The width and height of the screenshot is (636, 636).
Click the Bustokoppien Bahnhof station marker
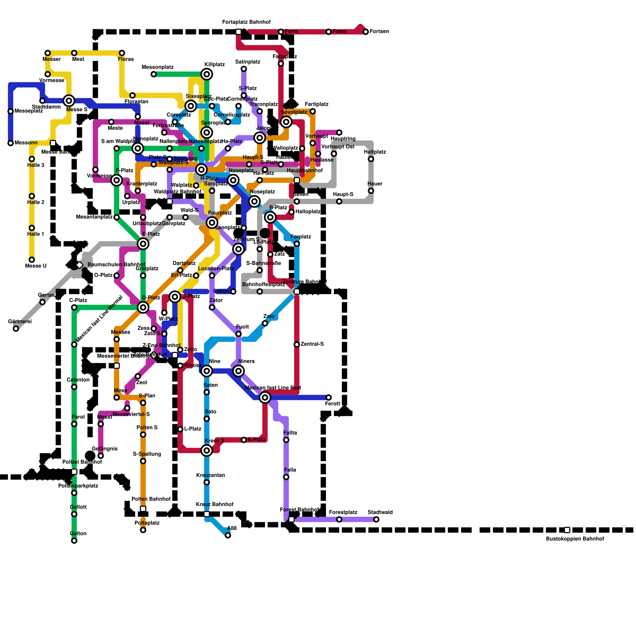point(567,530)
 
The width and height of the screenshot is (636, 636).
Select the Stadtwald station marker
point(376,520)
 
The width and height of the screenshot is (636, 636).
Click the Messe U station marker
point(32,260)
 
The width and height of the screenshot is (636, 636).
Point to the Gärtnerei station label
point(20,322)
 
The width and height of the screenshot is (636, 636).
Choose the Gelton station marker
point(74,541)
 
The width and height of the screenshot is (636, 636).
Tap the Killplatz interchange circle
point(207,74)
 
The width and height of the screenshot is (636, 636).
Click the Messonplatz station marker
point(153,74)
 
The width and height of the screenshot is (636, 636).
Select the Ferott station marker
point(328,397)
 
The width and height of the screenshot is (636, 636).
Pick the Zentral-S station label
point(312,344)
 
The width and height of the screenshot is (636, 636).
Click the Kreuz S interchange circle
point(207,450)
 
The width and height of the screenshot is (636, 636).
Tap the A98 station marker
point(228,535)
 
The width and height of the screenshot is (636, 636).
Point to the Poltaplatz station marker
point(143,530)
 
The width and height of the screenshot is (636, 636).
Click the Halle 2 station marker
point(32,196)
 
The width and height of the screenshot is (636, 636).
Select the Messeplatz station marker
point(11,111)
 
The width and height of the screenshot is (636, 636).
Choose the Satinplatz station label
point(248,62)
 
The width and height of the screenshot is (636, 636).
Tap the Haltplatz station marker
point(371,159)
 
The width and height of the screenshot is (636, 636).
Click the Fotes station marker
point(328,32)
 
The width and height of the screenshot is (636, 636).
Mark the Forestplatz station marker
point(339,520)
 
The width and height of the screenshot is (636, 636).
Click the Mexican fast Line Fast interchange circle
point(265,397)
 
